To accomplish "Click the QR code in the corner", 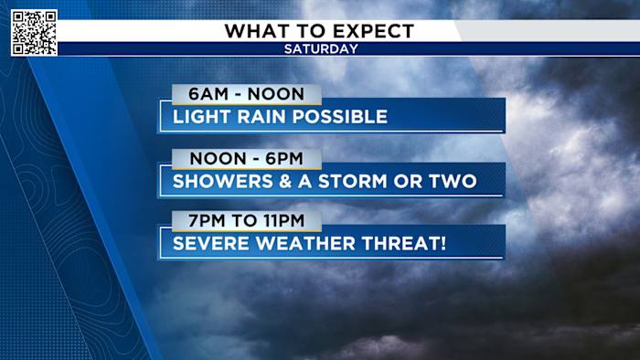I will point(34,33).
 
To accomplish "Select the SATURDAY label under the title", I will point(320,48).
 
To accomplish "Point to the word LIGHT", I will point(202,117).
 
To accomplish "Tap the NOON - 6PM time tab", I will point(245,158).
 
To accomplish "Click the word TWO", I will point(453,181).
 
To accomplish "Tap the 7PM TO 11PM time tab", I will point(245,221).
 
